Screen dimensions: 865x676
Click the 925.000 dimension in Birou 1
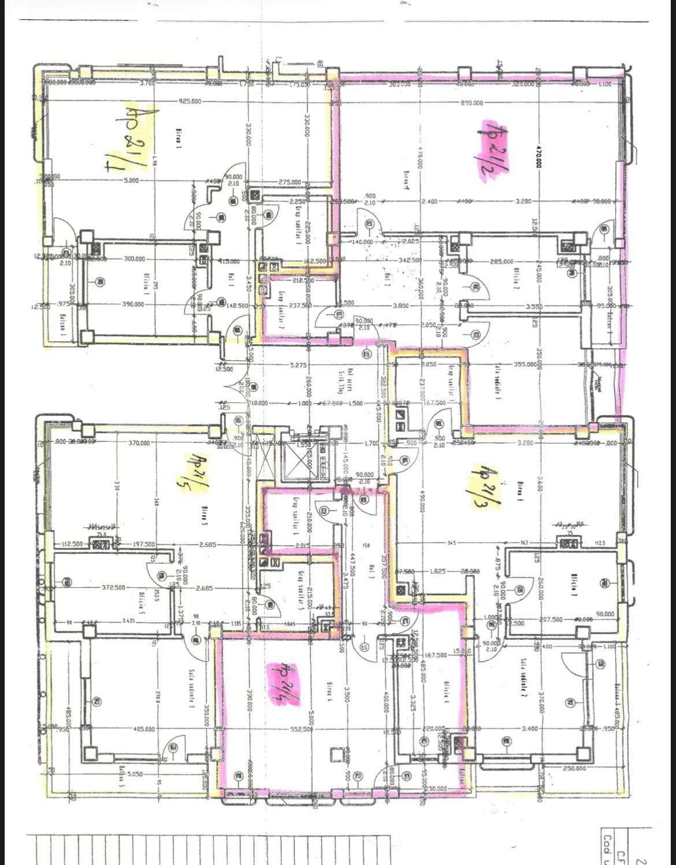coord(190,101)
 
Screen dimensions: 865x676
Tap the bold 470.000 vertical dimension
coord(538,155)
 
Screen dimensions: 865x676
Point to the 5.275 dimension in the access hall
coord(297,365)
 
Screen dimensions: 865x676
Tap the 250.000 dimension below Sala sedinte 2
coord(574,768)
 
